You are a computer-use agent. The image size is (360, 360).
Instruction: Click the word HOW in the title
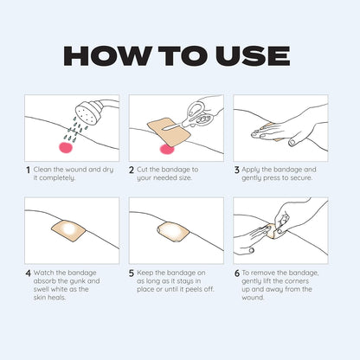click(106, 55)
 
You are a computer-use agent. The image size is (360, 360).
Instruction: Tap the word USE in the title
click(253, 55)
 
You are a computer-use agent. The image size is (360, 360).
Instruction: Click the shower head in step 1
click(87, 113)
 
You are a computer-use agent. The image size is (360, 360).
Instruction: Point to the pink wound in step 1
click(66, 147)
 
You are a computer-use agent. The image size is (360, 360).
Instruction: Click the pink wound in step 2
click(167, 149)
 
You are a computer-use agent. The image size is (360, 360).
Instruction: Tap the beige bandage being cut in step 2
click(169, 132)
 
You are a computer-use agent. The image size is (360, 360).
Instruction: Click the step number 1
click(28, 170)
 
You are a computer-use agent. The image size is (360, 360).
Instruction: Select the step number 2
click(132, 170)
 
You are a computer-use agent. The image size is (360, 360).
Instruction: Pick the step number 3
click(237, 170)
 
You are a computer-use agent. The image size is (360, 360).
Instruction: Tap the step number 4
click(28, 273)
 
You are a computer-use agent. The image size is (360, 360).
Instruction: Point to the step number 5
click(132, 273)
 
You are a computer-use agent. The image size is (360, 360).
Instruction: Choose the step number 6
click(237, 273)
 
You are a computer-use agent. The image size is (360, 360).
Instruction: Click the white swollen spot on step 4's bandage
click(69, 229)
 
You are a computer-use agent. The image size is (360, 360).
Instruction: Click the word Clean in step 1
click(42, 170)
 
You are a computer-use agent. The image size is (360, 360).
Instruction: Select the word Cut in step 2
click(142, 170)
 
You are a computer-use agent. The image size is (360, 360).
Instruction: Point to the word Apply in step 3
click(251, 170)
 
